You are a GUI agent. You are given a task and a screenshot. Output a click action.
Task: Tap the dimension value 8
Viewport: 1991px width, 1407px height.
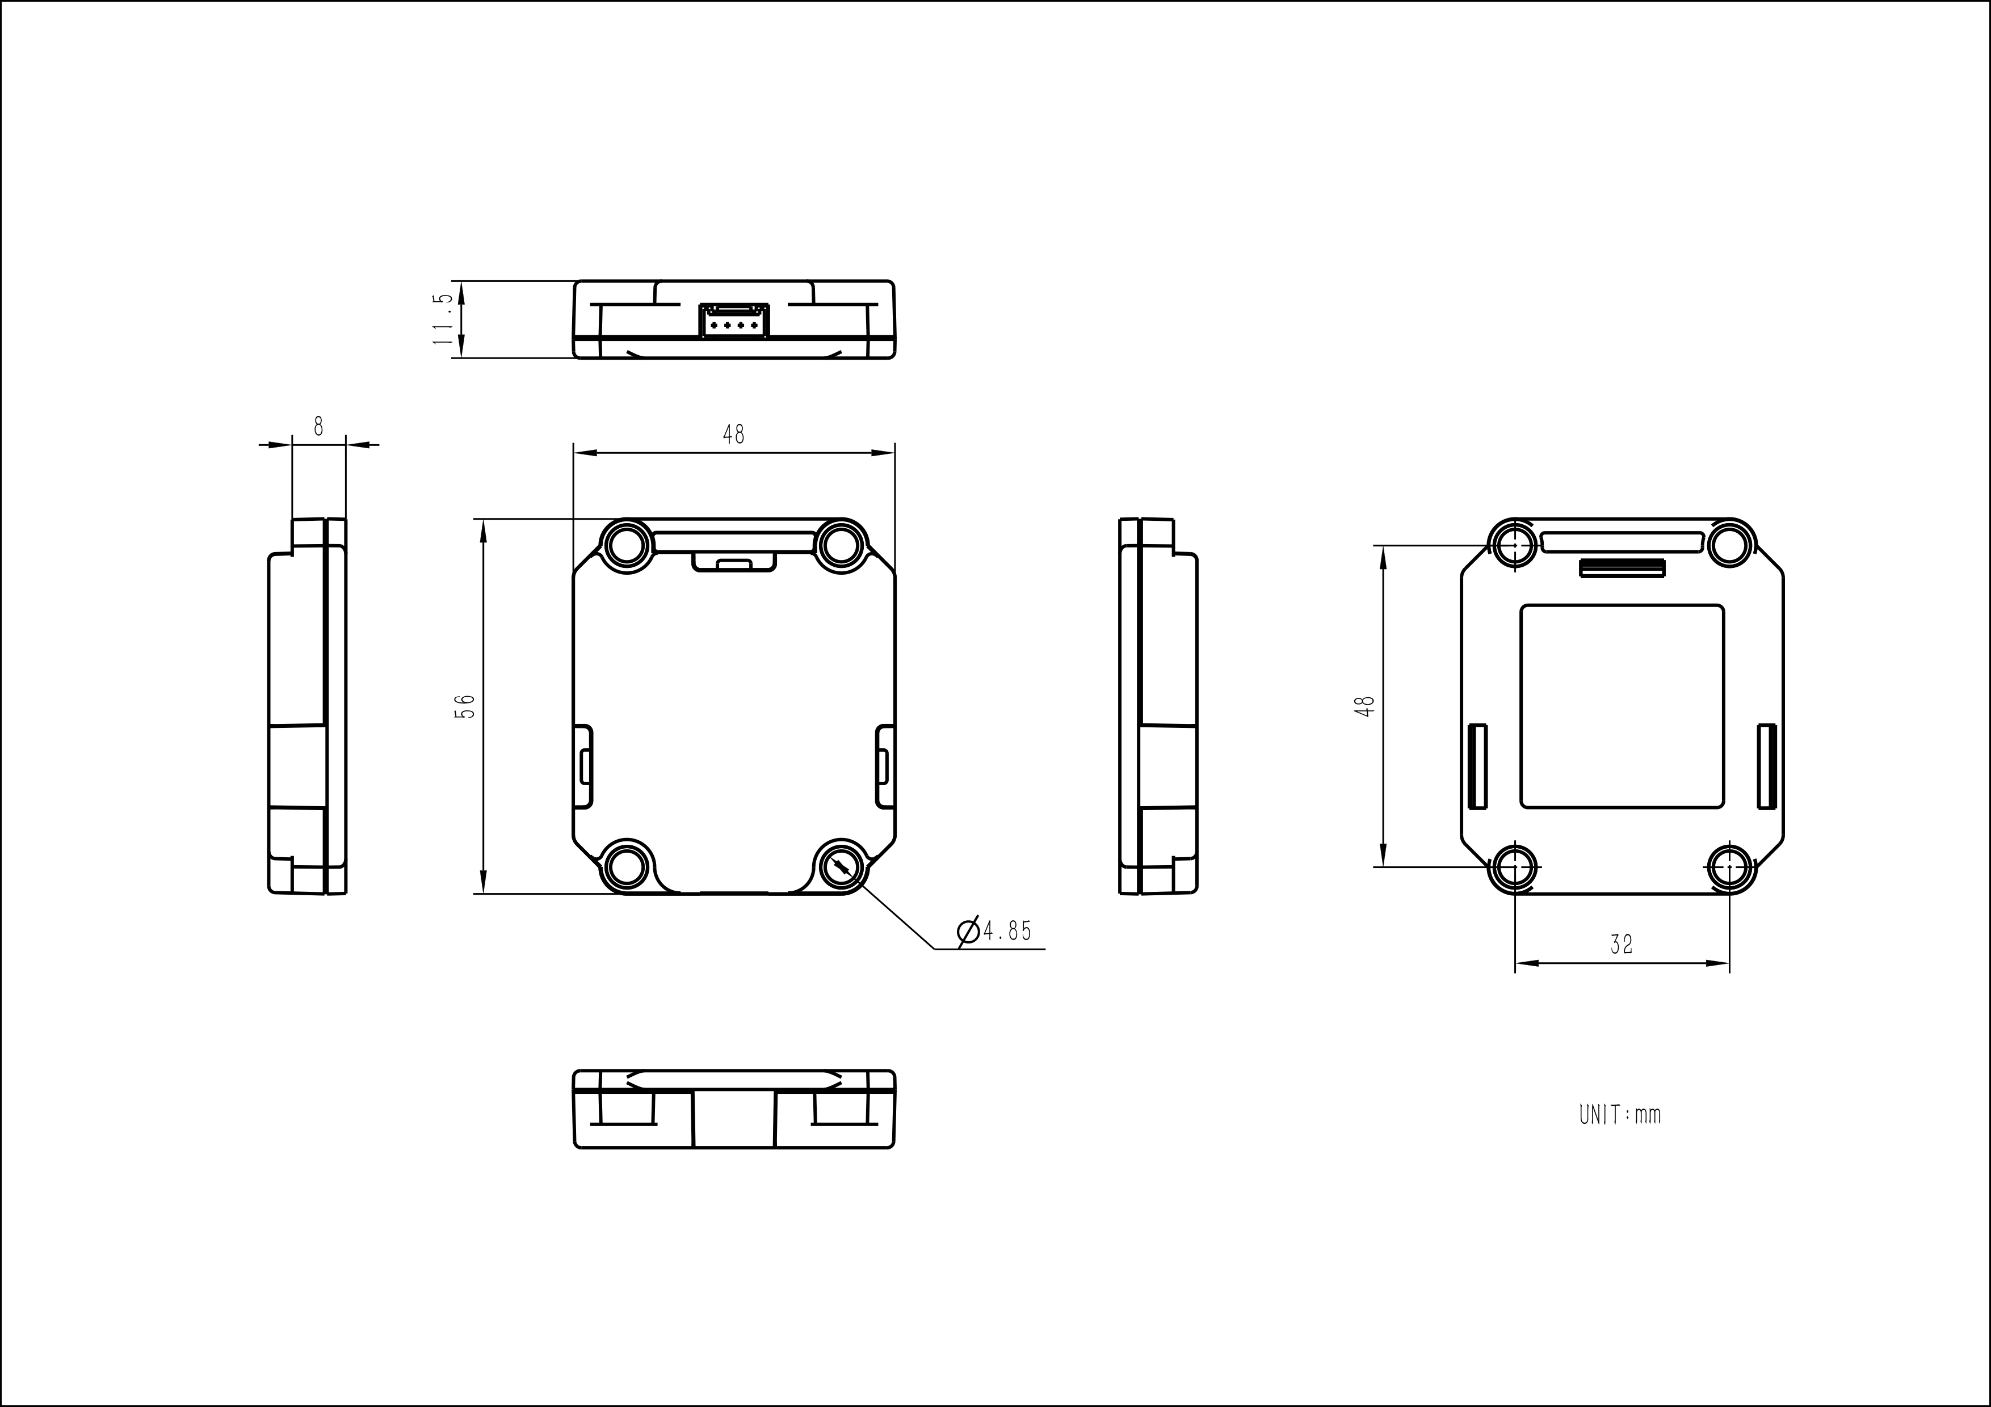pos(318,427)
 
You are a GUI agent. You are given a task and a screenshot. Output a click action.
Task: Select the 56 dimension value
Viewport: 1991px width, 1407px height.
pos(465,706)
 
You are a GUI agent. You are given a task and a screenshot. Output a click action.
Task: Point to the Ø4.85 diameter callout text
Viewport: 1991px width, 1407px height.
pos(994,931)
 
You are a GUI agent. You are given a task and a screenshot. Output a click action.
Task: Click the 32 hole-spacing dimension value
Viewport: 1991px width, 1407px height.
pos(1621,944)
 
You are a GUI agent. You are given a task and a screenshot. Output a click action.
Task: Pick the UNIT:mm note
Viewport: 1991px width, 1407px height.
pos(1620,1114)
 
